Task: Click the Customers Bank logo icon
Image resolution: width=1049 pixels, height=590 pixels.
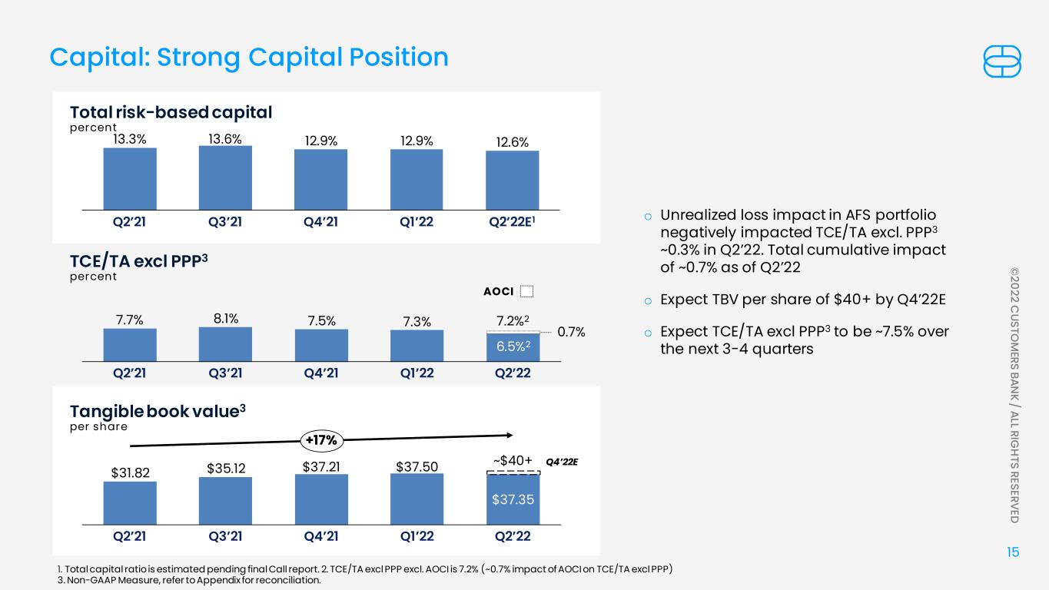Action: (x=1002, y=61)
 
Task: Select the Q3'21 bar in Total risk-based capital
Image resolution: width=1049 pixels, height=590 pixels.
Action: (x=225, y=178)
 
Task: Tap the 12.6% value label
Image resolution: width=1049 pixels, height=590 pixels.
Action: (x=512, y=142)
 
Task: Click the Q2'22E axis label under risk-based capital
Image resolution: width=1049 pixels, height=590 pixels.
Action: (x=512, y=221)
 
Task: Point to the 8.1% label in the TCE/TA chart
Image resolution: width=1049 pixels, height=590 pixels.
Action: (x=226, y=319)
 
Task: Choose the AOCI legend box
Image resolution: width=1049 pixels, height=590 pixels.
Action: (x=527, y=291)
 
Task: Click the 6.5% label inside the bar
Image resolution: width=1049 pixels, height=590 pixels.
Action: (x=513, y=346)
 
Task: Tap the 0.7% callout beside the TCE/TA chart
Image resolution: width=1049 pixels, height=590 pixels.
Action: (x=571, y=332)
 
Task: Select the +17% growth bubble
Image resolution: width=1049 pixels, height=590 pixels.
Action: (x=321, y=440)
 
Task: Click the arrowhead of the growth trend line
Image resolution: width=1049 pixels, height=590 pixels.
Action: (x=510, y=436)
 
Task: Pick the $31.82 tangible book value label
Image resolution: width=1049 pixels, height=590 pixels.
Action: (x=130, y=473)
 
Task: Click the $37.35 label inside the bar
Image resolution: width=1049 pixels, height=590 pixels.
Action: (x=513, y=499)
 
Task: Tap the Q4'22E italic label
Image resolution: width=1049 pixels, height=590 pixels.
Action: (x=562, y=462)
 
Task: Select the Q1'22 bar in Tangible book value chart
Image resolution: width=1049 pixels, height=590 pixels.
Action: (x=417, y=499)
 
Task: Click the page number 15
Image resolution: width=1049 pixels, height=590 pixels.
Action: (x=1013, y=552)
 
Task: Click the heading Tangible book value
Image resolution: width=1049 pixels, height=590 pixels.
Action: (x=158, y=412)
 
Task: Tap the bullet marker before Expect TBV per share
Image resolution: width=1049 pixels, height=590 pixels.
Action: (x=648, y=301)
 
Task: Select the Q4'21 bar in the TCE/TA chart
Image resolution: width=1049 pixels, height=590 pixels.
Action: (x=321, y=345)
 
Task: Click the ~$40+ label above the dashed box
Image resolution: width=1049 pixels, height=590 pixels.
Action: (x=513, y=461)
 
